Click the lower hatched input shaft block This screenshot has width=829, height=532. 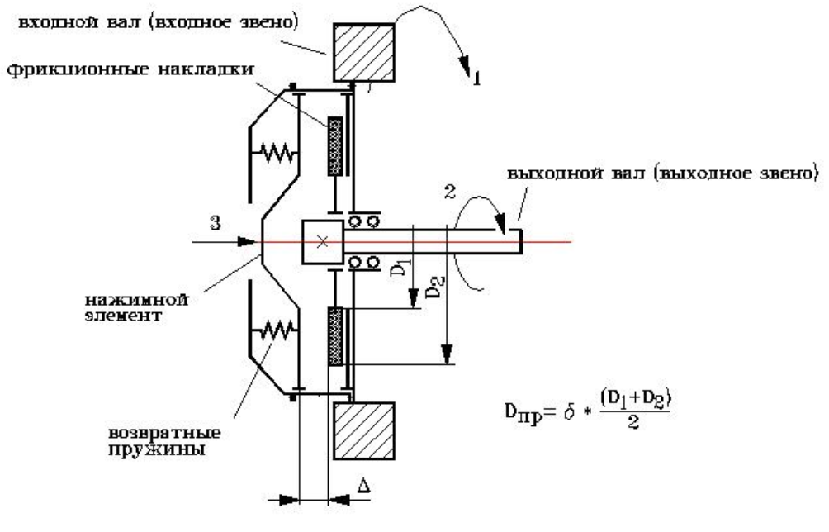coord(365,431)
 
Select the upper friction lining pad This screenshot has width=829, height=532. coord(336,145)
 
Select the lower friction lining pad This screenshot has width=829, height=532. coord(336,336)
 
